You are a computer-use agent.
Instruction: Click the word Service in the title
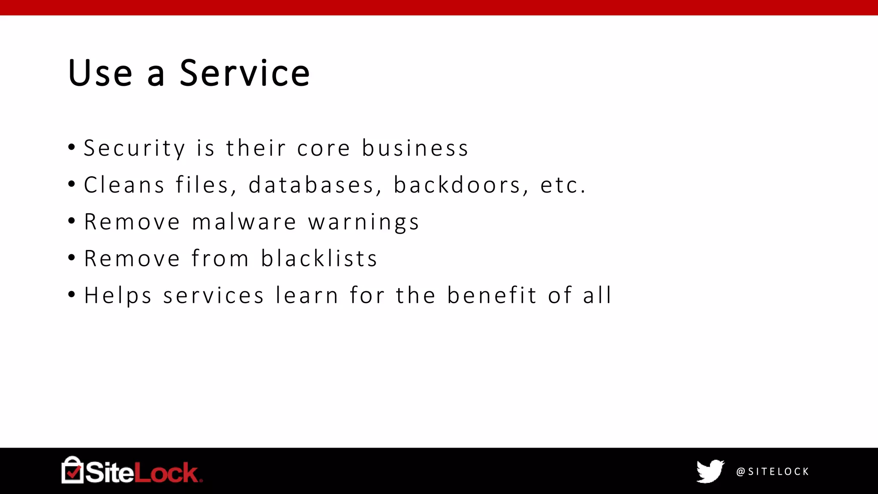(244, 73)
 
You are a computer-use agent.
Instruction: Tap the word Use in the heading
(100, 73)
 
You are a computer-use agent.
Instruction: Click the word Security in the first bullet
(134, 148)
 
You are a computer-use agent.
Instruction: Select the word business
(415, 148)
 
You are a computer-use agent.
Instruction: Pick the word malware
(244, 222)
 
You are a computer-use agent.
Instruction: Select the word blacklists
(319, 259)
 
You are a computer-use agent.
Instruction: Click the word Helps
(118, 296)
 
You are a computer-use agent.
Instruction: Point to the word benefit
(492, 295)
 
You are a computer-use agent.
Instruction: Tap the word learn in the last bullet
(307, 295)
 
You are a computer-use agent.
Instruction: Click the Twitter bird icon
(710, 471)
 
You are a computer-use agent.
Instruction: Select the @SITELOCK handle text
(773, 472)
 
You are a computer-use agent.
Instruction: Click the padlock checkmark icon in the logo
(72, 470)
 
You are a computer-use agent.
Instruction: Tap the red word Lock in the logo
(167, 473)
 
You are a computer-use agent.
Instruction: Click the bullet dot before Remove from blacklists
(72, 258)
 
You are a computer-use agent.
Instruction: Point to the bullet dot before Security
(72, 148)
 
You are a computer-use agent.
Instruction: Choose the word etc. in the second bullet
(563, 185)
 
